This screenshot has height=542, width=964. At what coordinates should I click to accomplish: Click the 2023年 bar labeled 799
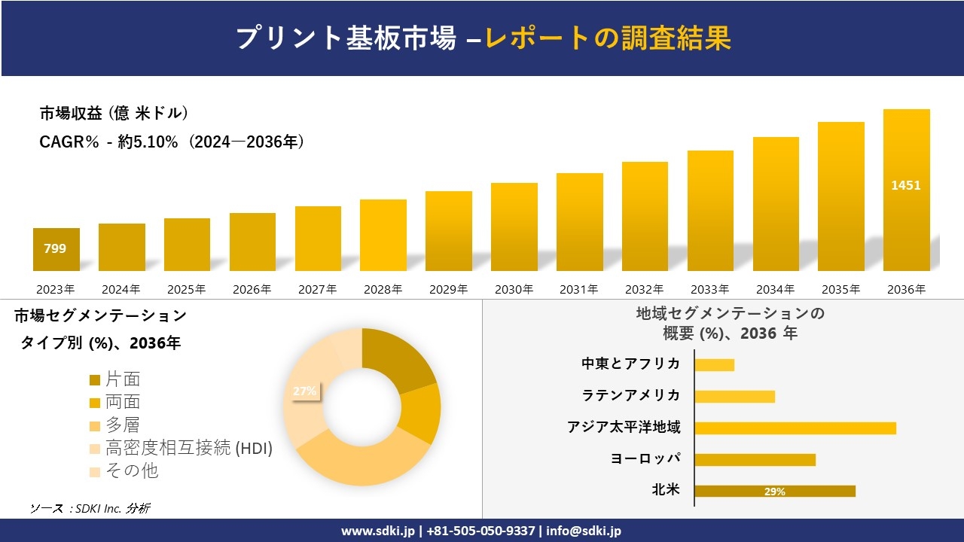56,249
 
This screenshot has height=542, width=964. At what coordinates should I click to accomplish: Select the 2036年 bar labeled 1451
906,190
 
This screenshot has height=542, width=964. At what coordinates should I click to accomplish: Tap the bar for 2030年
514,227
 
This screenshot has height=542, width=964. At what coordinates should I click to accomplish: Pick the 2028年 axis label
383,289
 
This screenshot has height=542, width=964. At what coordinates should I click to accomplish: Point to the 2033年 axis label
709,289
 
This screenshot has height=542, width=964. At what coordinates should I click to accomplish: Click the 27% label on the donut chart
304,391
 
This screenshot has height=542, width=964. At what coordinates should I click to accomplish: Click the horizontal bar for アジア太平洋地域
795,428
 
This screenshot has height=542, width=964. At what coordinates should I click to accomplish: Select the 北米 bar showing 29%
775,492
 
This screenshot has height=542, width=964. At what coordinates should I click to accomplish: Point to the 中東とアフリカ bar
714,365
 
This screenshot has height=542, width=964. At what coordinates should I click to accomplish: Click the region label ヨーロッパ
645,458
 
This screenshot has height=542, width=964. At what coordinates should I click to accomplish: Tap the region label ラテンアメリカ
630,395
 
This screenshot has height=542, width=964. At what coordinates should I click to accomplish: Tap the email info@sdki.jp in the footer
584,531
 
